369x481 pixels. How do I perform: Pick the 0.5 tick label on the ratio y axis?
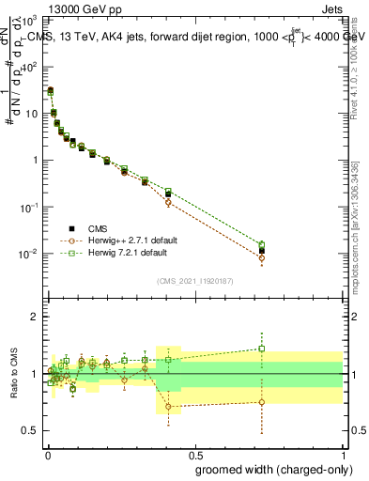(x=31, y=430)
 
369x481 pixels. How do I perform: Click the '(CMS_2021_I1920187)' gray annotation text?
(x=193, y=280)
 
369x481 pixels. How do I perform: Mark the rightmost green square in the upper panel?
(x=262, y=244)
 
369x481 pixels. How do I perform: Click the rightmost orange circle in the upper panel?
(x=262, y=257)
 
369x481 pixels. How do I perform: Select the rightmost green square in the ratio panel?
(x=262, y=348)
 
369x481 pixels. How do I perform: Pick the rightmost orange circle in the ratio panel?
(x=262, y=402)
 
